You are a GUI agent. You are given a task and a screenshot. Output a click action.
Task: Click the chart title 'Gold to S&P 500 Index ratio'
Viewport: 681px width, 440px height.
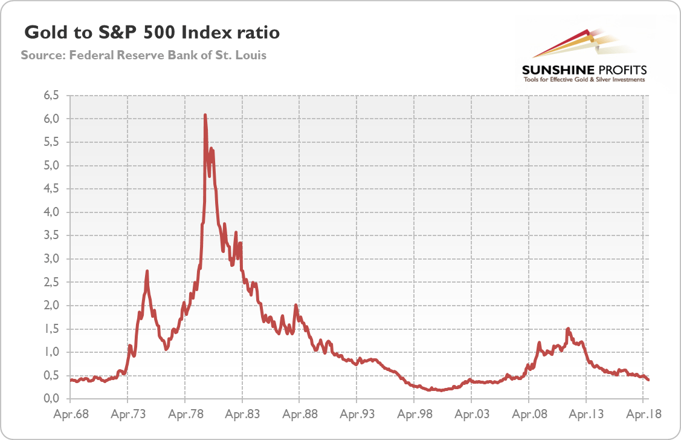point(151,32)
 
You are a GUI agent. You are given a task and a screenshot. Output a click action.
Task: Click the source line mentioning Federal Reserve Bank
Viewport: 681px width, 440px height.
point(144,55)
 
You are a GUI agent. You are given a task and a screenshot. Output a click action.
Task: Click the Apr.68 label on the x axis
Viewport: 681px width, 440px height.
point(70,415)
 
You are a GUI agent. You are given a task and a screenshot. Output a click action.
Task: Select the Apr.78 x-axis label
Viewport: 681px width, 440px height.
point(185,415)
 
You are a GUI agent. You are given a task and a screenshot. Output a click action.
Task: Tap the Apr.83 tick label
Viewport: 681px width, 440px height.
point(242,415)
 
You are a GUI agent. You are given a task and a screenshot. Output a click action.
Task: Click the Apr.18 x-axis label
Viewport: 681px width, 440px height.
point(643,415)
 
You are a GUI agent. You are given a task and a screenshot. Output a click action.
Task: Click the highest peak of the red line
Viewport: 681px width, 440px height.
point(205,115)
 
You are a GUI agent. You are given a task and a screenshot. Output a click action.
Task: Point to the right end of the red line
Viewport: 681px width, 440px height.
point(648,379)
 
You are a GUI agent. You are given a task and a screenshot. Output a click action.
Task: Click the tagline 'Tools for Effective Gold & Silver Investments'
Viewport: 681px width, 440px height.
point(584,80)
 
